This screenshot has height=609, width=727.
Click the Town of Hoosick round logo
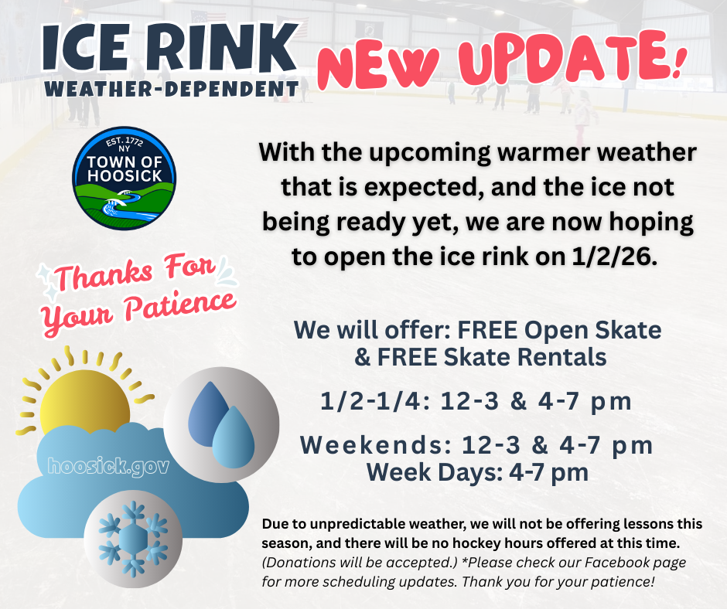click(x=124, y=179)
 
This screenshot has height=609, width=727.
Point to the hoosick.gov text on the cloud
click(x=108, y=467)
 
